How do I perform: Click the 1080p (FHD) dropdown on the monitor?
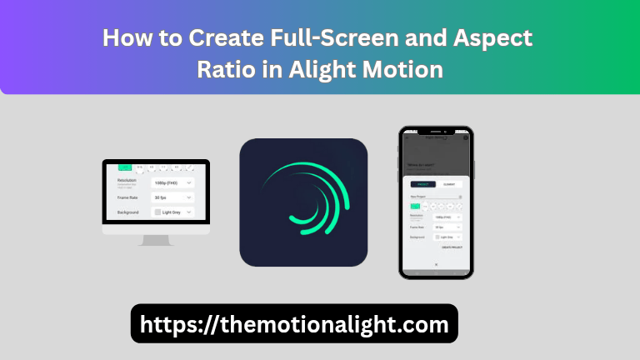(172, 182)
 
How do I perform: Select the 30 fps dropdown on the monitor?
(172, 197)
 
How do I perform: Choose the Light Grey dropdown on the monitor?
(172, 212)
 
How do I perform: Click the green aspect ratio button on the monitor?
(126, 167)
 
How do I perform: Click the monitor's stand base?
(156, 241)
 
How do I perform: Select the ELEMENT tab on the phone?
(448, 183)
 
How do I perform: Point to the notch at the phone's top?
(435, 131)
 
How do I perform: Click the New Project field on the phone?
(435, 197)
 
